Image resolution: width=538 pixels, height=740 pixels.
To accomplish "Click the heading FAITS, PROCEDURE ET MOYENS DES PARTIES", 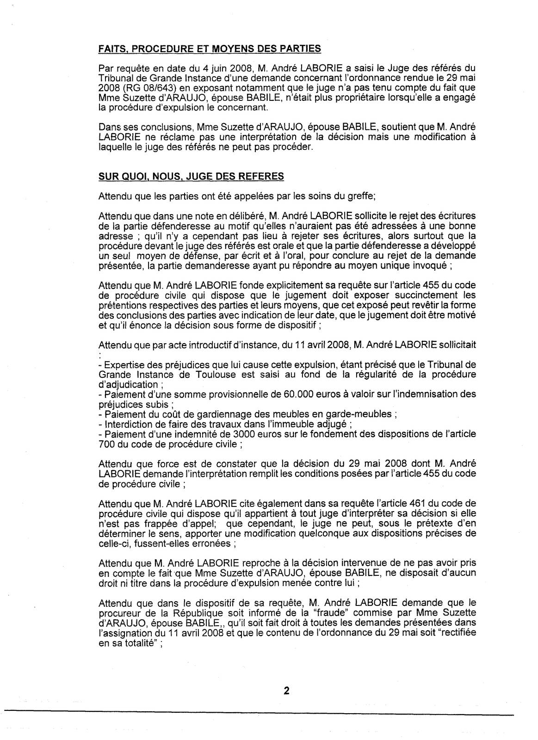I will coord(210,49).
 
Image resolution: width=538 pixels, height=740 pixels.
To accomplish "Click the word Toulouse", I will coord(211,375).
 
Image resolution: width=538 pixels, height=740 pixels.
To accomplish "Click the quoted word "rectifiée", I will coord(492,632).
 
